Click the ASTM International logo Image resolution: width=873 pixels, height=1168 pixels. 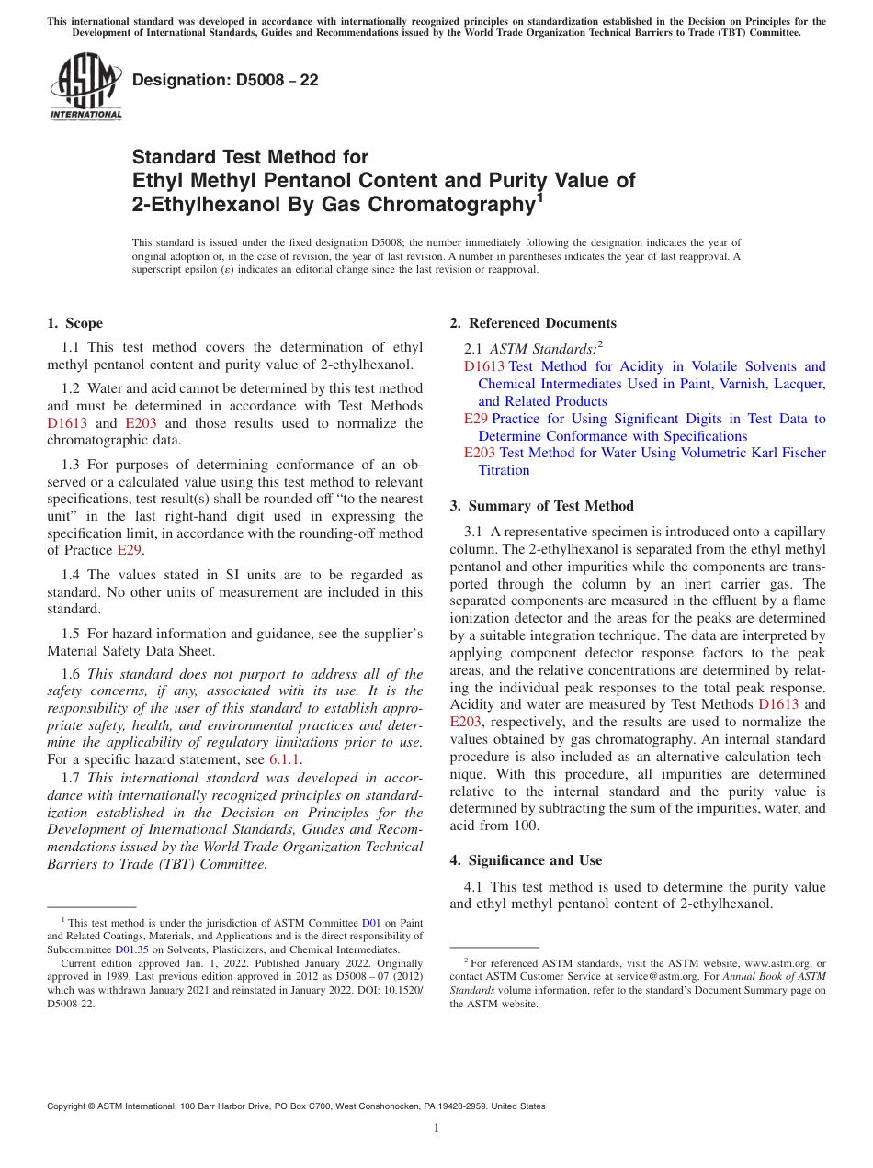pos(85,88)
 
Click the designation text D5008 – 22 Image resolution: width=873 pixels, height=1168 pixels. pos(225,81)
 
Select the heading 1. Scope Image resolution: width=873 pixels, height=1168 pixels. pos(74,323)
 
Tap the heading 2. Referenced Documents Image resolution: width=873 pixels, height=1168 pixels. pos(533,323)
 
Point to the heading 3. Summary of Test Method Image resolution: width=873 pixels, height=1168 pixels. pos(541,506)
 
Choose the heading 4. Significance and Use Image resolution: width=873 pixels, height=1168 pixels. pos(526,860)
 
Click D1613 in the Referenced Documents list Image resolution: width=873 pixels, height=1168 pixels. pos(484,366)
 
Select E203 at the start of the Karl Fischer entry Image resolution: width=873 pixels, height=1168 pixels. pos(480,453)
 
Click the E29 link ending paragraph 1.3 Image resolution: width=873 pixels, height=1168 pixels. pos(130,550)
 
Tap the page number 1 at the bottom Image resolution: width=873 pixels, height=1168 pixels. pos(436,1128)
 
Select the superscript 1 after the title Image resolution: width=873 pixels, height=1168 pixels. pos(539,197)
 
